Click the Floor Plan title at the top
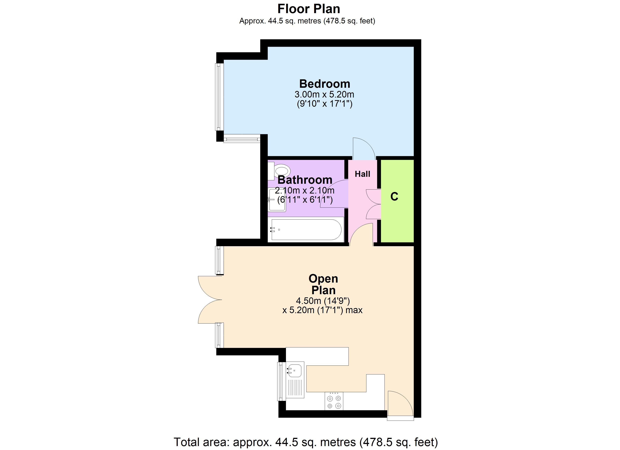(x=309, y=9)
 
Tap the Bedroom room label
(x=324, y=84)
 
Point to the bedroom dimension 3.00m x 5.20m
(x=324, y=94)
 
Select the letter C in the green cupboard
(x=394, y=196)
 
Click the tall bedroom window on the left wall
(x=219, y=97)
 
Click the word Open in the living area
(x=323, y=279)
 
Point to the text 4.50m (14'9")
(x=323, y=301)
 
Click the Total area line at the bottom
(x=306, y=442)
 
